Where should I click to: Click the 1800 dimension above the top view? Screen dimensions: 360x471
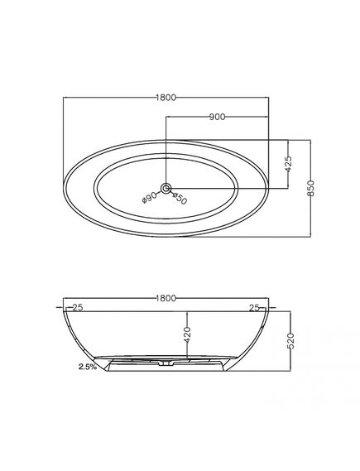(x=166, y=98)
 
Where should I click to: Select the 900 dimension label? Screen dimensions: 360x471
(x=217, y=117)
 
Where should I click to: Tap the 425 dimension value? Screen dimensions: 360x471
(x=288, y=163)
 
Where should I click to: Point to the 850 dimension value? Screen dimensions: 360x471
(x=311, y=188)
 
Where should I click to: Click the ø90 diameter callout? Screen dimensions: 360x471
(x=150, y=198)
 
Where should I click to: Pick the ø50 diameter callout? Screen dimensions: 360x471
(x=180, y=199)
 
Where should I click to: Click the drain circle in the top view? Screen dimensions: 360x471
(x=166, y=189)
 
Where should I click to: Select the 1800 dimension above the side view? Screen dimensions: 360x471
(x=166, y=298)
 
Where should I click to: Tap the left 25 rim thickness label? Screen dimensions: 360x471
(x=78, y=308)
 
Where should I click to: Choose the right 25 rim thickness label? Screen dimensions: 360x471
(x=254, y=308)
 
